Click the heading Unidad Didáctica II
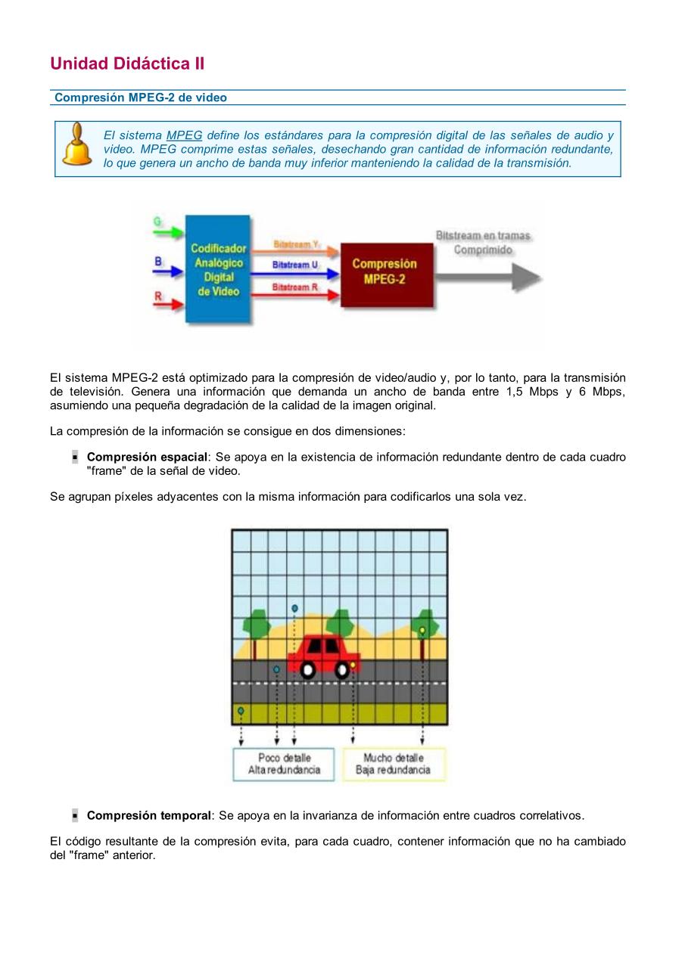[127, 64]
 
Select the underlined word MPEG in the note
[184, 135]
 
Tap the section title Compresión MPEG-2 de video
[141, 98]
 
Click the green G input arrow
[169, 231]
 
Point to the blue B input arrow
[169, 270]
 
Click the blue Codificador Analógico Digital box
[218, 269]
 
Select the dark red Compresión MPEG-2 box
[386, 274]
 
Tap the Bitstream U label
[294, 265]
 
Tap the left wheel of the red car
[307, 669]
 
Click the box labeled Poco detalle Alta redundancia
[284, 764]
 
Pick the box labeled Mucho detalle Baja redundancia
[394, 764]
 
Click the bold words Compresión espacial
[147, 458]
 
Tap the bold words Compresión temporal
[148, 815]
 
